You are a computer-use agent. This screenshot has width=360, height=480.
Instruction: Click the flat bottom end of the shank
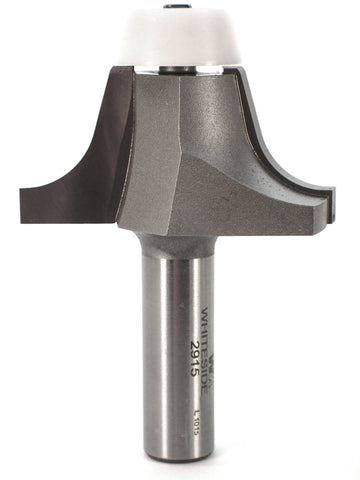click(x=195, y=458)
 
